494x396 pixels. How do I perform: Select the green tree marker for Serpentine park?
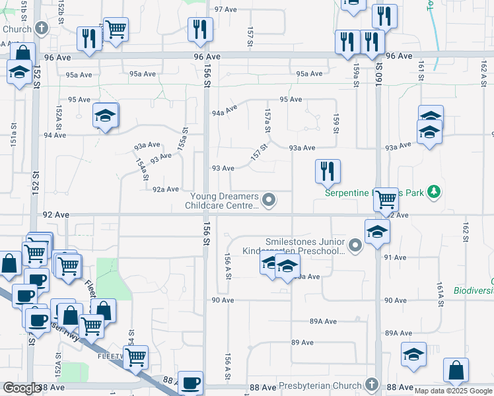(433, 192)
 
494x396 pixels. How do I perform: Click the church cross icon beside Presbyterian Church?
(371, 385)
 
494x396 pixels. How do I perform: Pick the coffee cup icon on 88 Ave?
(191, 382)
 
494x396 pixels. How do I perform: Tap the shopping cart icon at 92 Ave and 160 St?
(385, 197)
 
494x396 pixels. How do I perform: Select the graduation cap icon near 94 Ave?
(105, 115)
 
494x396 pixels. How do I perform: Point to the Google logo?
(21, 388)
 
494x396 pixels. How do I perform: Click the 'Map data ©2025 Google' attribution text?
(453, 391)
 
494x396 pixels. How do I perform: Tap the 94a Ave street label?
(225, 111)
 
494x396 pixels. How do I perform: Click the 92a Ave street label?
(166, 189)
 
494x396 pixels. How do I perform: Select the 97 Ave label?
(226, 10)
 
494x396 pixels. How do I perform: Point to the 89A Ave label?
(324, 321)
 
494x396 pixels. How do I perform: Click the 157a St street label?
(267, 119)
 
